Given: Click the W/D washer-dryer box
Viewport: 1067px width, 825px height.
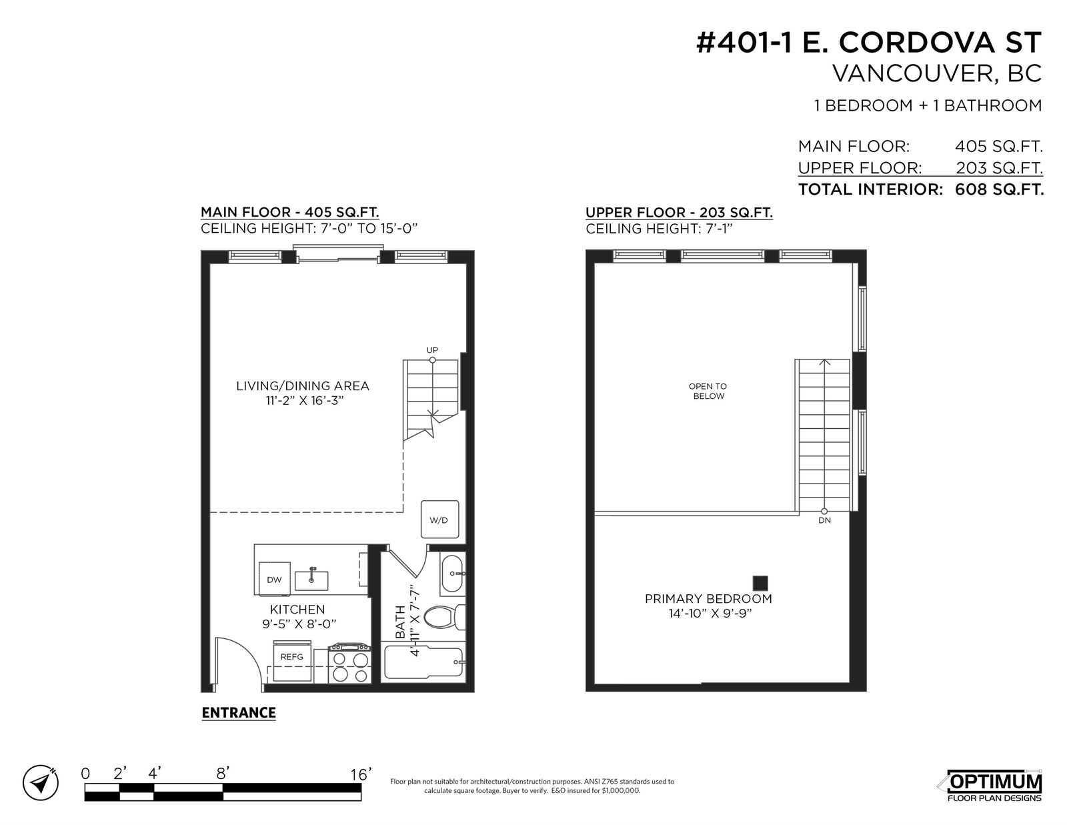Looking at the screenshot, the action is coord(439,520).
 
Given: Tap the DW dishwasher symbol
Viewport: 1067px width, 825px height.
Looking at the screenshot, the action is coord(274,580).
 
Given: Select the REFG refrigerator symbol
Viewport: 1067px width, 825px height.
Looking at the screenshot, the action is coord(292,660).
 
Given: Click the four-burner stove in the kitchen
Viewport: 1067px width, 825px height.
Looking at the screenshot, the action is coord(349,664).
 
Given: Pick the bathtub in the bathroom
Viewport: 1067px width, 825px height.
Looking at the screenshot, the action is coord(423,662).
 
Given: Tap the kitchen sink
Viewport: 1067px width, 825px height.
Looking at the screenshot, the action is coord(311,580).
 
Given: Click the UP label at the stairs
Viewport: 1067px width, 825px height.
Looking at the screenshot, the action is coord(432,350).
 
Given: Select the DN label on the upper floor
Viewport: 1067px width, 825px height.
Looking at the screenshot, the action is coord(824,520).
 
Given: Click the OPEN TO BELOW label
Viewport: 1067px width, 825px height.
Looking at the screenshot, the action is coord(708,391).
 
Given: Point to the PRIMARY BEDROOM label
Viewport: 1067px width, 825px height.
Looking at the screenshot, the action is coord(708,599).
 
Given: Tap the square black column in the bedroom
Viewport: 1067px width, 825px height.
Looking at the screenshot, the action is coord(760,583).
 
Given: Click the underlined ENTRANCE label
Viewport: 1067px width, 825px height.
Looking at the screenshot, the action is coord(239,712).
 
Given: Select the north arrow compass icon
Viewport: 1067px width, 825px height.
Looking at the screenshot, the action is coord(40,783).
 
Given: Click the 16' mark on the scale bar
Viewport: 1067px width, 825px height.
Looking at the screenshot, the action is coord(360,774).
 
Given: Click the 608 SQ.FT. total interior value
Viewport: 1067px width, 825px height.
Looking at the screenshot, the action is coord(999,189).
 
